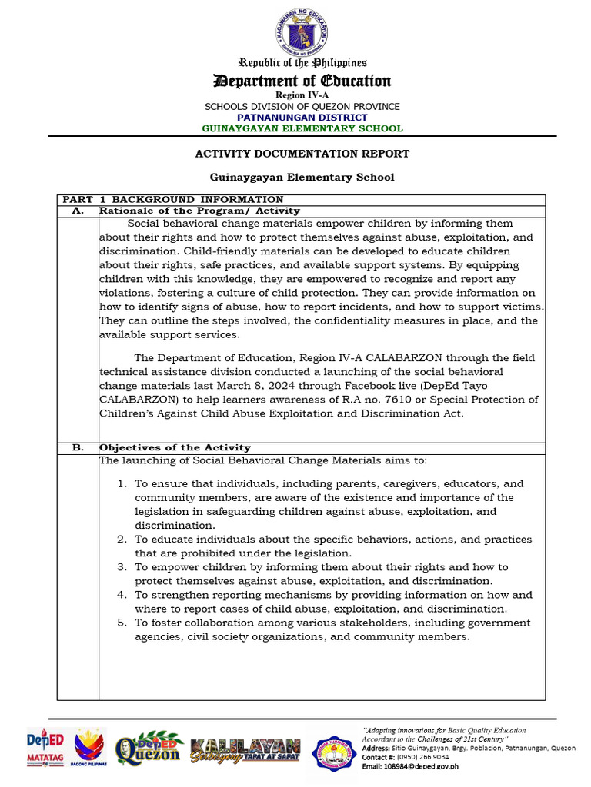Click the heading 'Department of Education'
(x=302, y=81)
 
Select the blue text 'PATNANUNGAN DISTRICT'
(x=302, y=117)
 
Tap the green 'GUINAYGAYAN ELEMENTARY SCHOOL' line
(x=302, y=128)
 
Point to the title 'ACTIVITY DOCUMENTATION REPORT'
(x=302, y=154)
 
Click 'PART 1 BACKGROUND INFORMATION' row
(x=173, y=199)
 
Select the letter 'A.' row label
(x=77, y=211)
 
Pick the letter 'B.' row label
(x=77, y=447)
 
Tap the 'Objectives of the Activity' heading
(x=175, y=447)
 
